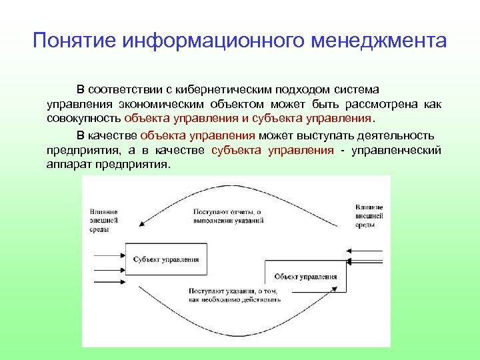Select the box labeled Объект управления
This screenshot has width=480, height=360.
click(305, 276)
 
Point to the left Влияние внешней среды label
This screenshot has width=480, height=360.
click(105, 218)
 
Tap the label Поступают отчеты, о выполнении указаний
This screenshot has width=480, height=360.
click(229, 215)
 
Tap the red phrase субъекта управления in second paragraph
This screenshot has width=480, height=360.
click(273, 150)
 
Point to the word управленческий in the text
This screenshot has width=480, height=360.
click(397, 150)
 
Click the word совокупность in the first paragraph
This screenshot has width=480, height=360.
click(84, 119)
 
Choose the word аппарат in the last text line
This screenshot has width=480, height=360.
click(66, 164)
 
